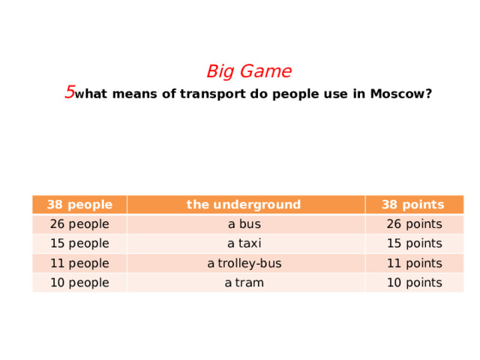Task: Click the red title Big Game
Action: click(249, 72)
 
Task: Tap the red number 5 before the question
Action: click(69, 92)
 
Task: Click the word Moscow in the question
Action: click(400, 94)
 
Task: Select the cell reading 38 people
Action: click(79, 204)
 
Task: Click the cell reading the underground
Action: click(244, 204)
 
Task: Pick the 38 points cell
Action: click(412, 204)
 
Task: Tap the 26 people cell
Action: click(79, 223)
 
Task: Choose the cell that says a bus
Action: click(244, 223)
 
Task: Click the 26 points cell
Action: click(412, 223)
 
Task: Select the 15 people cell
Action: click(79, 243)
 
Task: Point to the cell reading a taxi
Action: click(244, 243)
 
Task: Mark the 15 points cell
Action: click(412, 243)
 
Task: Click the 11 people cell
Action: click(79, 263)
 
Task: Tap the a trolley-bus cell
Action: click(244, 263)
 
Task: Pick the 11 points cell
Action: click(412, 263)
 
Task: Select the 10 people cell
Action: click(79, 283)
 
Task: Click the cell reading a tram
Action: click(244, 283)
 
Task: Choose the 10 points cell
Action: click(412, 283)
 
